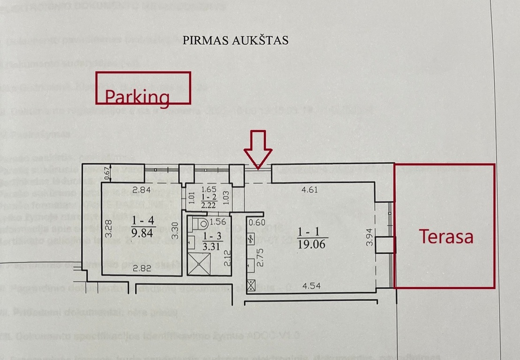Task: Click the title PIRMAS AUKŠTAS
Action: [235, 40]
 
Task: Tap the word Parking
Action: [136, 97]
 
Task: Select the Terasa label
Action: [446, 237]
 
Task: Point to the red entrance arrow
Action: [258, 150]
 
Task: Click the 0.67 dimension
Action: [106, 174]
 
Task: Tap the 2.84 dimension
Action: [141, 190]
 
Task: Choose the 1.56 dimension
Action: [218, 222]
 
